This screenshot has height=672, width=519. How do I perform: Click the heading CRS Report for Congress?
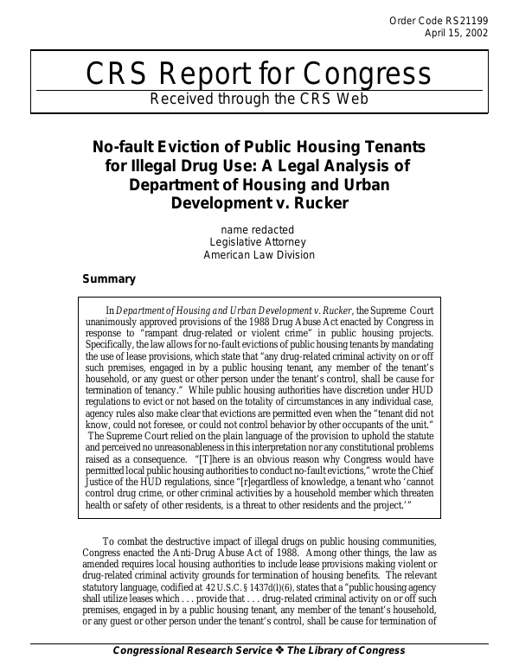pyautogui.click(x=259, y=74)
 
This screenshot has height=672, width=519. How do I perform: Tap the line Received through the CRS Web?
pyautogui.click(x=259, y=99)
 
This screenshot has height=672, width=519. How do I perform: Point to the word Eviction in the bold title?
pyautogui.click(x=183, y=146)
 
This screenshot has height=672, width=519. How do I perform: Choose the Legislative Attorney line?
pyautogui.click(x=259, y=242)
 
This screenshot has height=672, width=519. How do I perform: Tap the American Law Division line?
pyautogui.click(x=259, y=255)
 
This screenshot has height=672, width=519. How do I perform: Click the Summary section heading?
pyautogui.click(x=108, y=279)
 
